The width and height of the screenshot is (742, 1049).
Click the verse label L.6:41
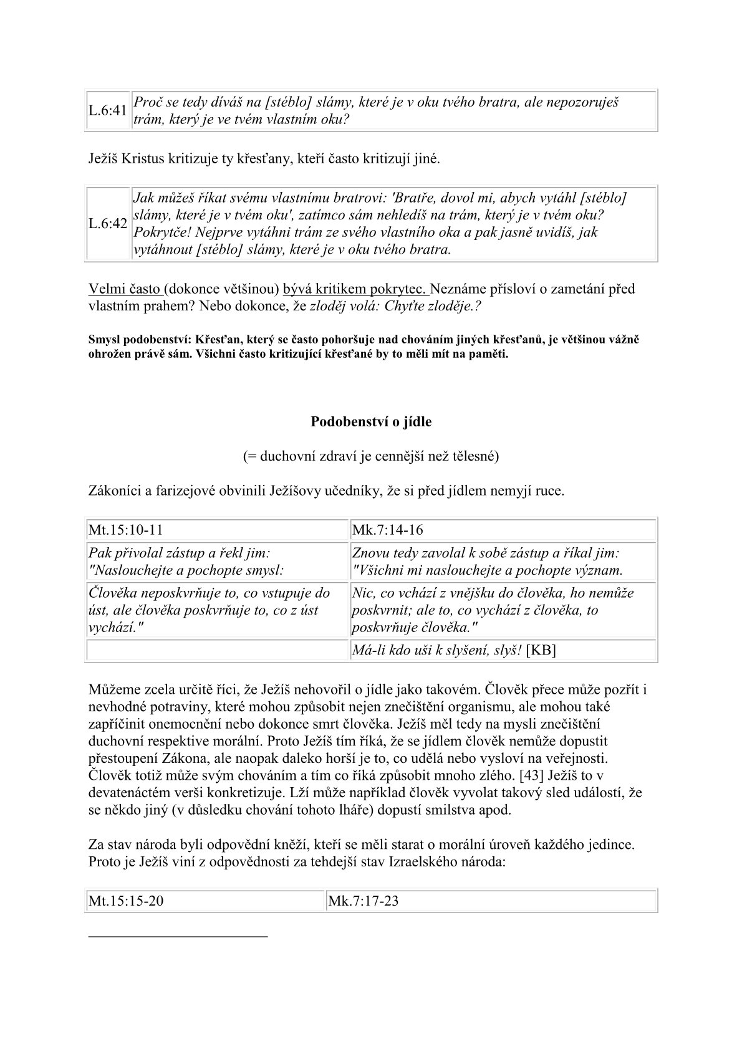108,111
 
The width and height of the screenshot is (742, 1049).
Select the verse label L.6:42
108,224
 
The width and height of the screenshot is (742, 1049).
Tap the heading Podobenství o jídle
371,422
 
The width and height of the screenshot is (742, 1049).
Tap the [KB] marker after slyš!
541,650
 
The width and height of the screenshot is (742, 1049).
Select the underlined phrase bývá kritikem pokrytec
355,289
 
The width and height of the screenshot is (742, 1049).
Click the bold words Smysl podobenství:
140,340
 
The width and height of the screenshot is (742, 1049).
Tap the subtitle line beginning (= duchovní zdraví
371,456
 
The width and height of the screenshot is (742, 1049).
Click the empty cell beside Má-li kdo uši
217,650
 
